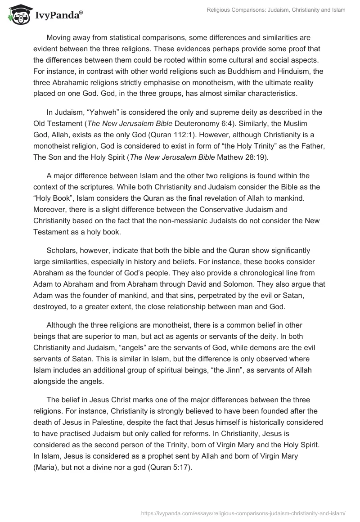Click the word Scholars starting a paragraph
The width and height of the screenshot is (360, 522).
62,251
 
